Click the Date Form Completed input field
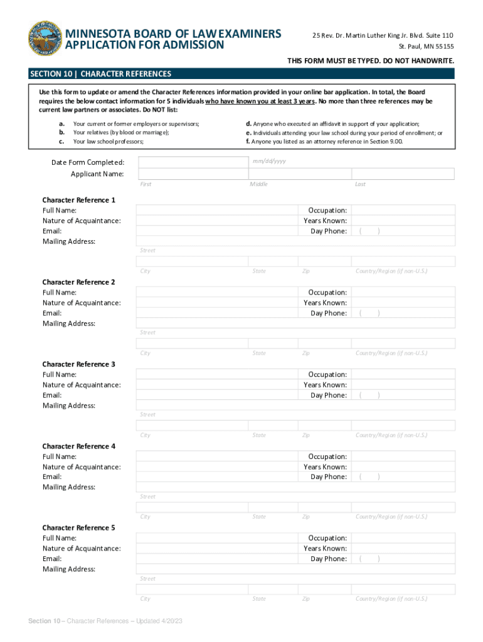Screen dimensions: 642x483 pyautogui.click(x=192, y=163)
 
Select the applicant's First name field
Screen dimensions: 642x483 pyautogui.click(x=192, y=174)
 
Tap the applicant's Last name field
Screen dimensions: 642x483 pyautogui.click(x=403, y=174)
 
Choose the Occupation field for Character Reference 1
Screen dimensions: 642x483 pyautogui.click(x=403, y=210)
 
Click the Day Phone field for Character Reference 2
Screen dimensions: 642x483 pyautogui.click(x=403, y=313)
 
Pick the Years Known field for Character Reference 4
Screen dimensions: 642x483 pyautogui.click(x=403, y=467)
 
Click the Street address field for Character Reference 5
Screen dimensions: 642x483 pyautogui.click(x=295, y=569)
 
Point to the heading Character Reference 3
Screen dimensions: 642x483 pyautogui.click(x=78, y=364)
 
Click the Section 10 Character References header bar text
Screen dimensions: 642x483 pyautogui.click(x=100, y=74)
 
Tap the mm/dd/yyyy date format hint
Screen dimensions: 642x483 pyautogui.click(x=269, y=161)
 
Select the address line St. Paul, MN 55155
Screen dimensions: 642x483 pyautogui.click(x=427, y=46)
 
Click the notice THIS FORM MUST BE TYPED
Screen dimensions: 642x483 pyautogui.click(x=370, y=61)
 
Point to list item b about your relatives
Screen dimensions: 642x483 pyautogui.click(x=121, y=133)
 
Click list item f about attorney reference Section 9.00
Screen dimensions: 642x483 pyautogui.click(x=324, y=142)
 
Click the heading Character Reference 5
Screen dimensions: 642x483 pyautogui.click(x=78, y=528)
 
